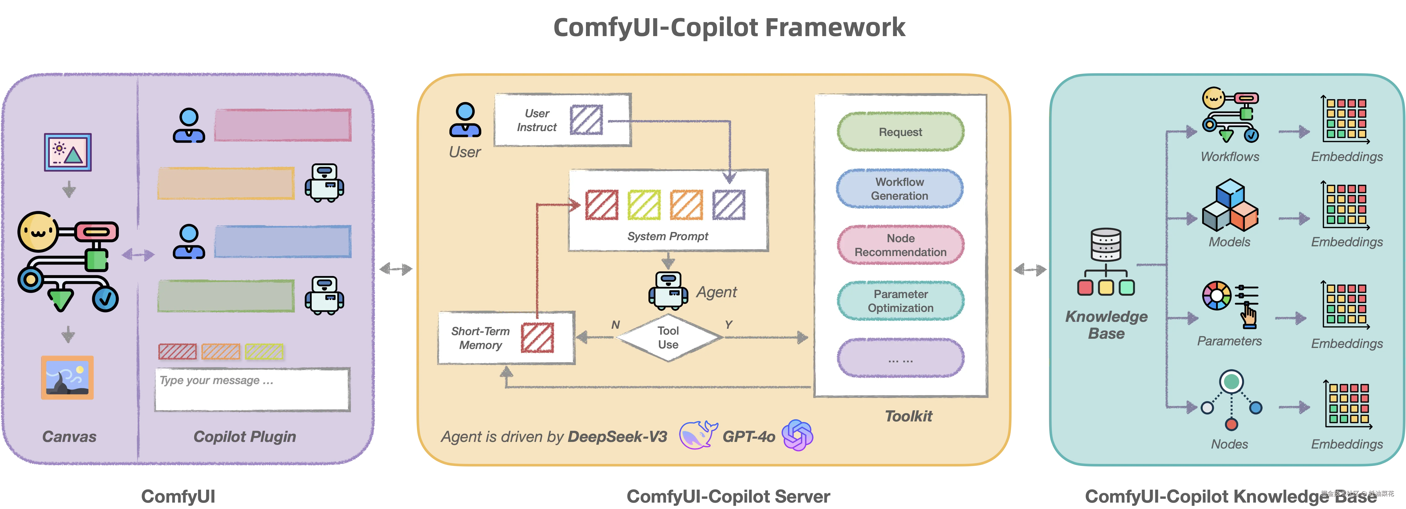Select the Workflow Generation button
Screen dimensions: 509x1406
(899, 189)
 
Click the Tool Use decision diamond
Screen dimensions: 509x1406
(668, 338)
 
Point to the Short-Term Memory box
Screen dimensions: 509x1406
(506, 338)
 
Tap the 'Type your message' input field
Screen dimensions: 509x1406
(251, 389)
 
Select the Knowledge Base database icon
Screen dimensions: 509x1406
(1106, 262)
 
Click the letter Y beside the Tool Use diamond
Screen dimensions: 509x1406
(728, 325)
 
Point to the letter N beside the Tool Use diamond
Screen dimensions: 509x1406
(615, 325)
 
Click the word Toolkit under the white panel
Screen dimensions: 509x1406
(908, 416)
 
